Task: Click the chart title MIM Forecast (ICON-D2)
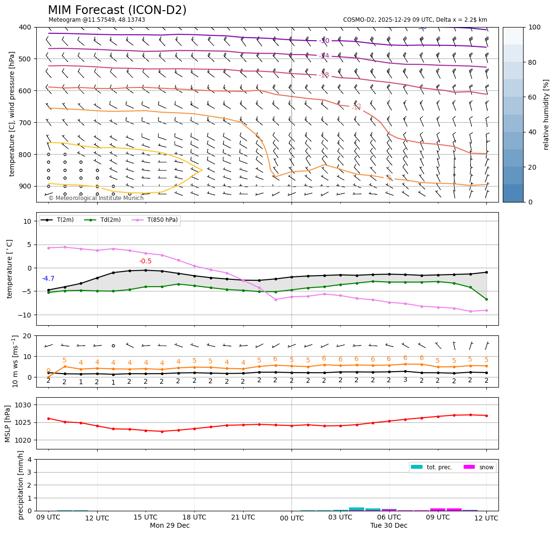coord(117,10)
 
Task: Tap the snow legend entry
coord(485,467)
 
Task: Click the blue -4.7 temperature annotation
coord(48,279)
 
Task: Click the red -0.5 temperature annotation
coord(145,261)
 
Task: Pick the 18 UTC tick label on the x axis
coord(194,518)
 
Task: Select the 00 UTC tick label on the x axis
coord(292,519)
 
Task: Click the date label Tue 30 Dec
coord(389,525)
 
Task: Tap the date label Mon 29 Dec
coord(170,525)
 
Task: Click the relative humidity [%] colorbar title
coord(546,115)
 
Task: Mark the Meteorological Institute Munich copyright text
coord(96,198)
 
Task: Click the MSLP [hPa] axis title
coord(8,423)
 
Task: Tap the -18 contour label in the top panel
coord(323,75)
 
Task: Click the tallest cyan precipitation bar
coord(356,509)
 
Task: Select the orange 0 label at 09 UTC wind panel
coord(48,371)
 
